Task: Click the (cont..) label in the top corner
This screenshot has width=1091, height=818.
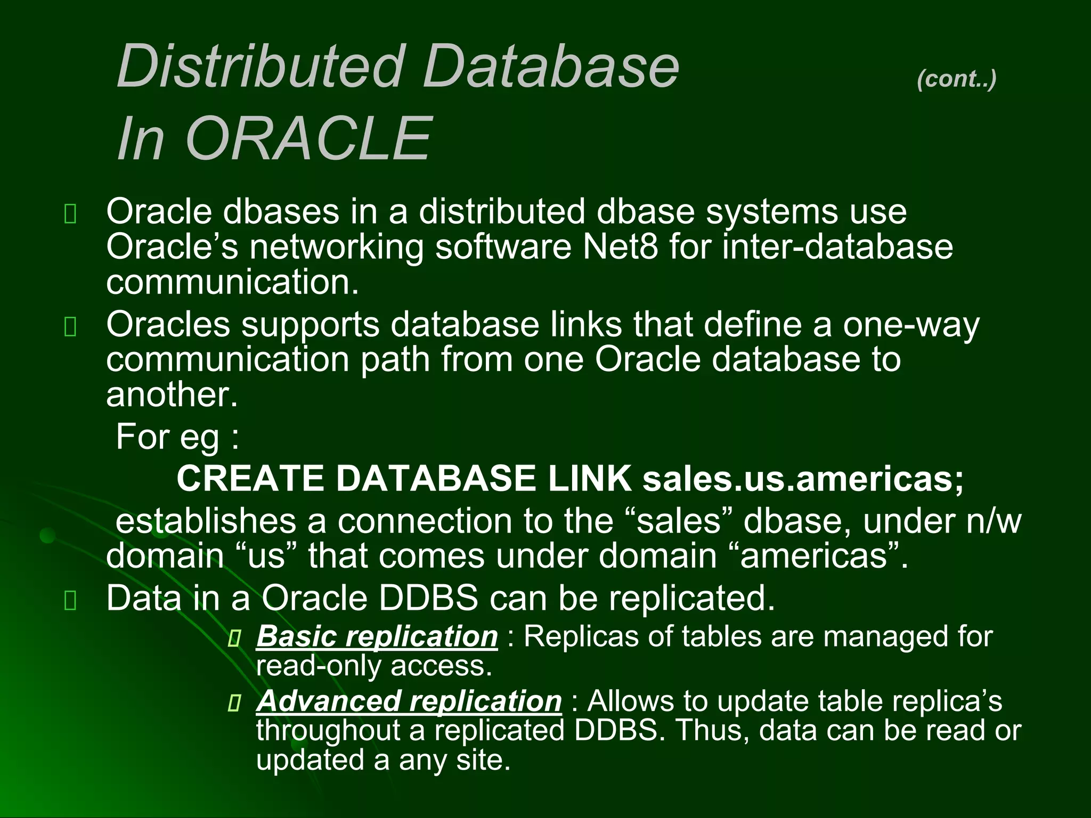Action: [x=956, y=79]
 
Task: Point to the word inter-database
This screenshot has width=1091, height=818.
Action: [x=837, y=247]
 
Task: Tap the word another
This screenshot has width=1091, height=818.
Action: [x=172, y=395]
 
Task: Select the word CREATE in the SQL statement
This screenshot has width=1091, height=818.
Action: [x=250, y=478]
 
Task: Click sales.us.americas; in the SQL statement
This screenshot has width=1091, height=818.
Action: [x=803, y=478]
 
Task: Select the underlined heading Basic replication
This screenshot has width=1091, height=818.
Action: [x=377, y=636]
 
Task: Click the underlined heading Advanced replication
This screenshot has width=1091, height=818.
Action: [x=409, y=701]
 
